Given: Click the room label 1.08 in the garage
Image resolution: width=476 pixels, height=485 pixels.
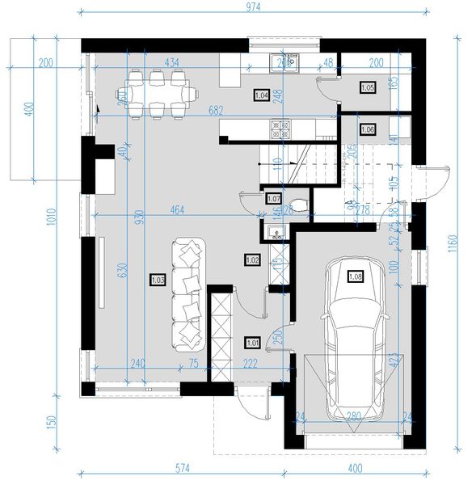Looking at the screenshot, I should (355, 276).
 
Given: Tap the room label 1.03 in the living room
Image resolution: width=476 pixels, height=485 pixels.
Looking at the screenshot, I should (158, 280).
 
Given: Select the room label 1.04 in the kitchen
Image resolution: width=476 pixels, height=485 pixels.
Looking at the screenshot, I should (261, 94).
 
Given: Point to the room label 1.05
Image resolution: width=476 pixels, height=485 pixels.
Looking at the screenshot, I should (367, 87).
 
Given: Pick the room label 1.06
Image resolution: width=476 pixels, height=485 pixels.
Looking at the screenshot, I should (367, 129).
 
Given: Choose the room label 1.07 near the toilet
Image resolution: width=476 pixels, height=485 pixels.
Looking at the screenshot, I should (273, 198).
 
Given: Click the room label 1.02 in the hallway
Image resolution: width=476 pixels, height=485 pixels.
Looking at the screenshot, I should (251, 259).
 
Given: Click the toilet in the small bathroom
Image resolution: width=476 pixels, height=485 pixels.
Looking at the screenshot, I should (297, 204).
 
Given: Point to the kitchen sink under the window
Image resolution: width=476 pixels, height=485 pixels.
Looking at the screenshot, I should (284, 62).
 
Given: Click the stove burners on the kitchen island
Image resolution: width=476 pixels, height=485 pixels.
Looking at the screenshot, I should (280, 126).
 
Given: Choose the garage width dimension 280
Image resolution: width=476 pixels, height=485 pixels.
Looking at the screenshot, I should (353, 418).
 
